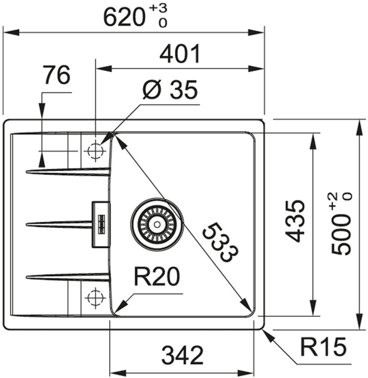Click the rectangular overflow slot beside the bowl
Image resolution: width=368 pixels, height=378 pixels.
point(100,224)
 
